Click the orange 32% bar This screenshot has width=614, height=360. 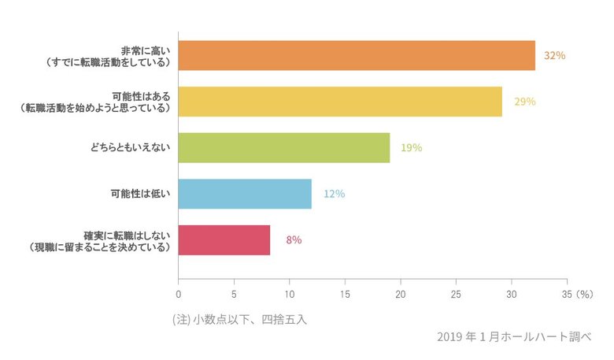coord(357,55)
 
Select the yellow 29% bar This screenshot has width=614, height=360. coord(340,102)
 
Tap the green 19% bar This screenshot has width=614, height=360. coord(284,147)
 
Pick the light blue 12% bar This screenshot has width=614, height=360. coord(245,194)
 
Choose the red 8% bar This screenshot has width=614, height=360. coord(224,239)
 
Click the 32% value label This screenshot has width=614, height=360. coord(555,56)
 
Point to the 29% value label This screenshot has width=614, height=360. coord(524,102)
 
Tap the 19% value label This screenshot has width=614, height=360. coord(411,147)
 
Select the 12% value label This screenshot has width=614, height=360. coord(334,194)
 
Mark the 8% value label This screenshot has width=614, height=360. coord(294,239)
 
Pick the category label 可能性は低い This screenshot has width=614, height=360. coord(139,194)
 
